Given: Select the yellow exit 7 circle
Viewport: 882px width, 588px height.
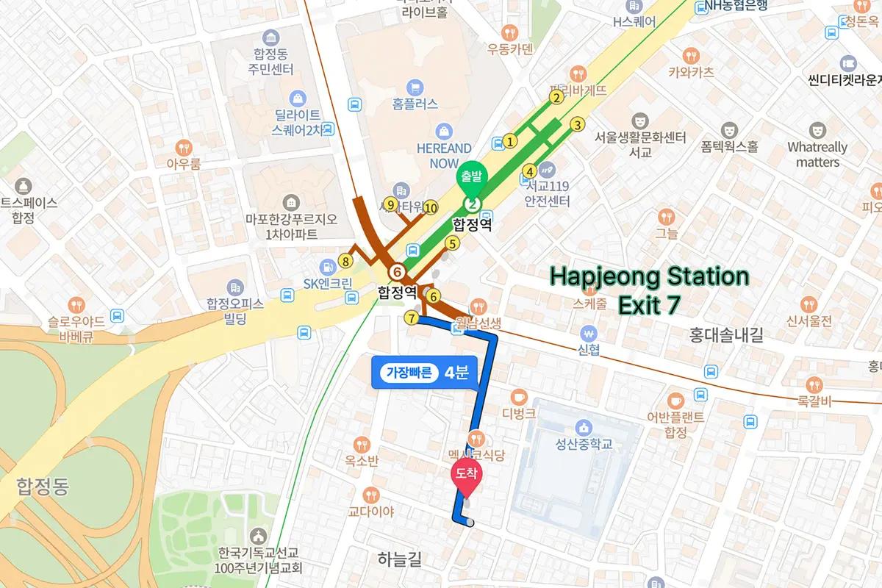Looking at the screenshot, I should click(411, 318).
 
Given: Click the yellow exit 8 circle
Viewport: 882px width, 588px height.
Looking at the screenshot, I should click(346, 260).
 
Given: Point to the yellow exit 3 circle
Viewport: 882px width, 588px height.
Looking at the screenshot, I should click(578, 124).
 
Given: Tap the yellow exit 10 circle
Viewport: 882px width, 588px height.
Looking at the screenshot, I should click(430, 207).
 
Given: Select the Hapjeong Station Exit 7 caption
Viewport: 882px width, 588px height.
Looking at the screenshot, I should click(649, 290).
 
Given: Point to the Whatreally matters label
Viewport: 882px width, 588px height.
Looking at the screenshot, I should click(817, 154).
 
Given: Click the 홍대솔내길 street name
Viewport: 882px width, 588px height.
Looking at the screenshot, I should click(726, 335).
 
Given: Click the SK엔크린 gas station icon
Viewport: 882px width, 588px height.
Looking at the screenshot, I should click(323, 267).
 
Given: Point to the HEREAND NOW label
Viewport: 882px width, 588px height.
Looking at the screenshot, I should click(444, 155).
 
